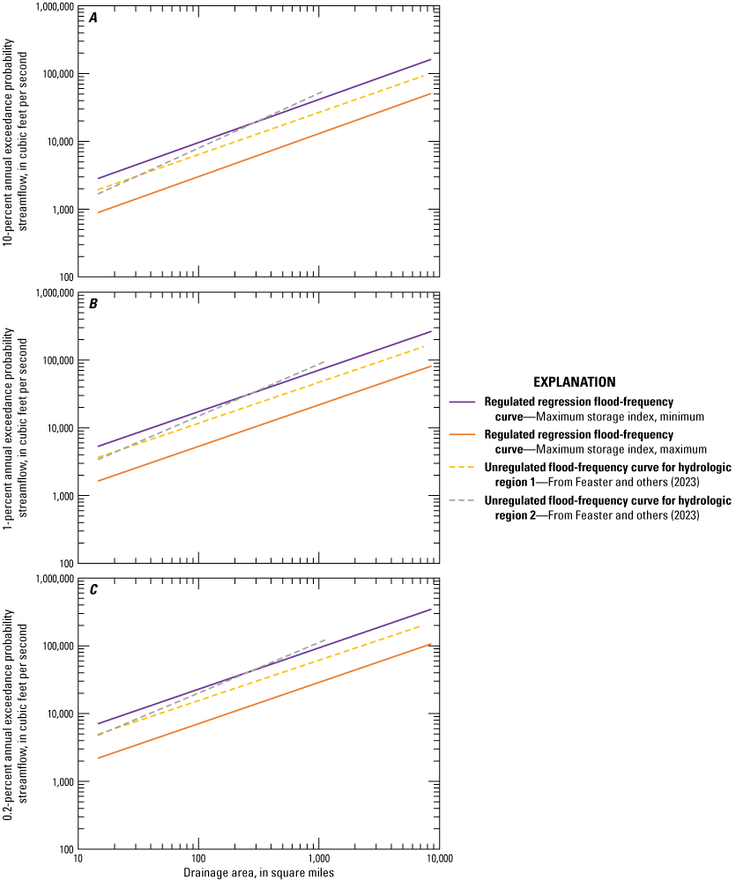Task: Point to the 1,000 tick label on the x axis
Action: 318,857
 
